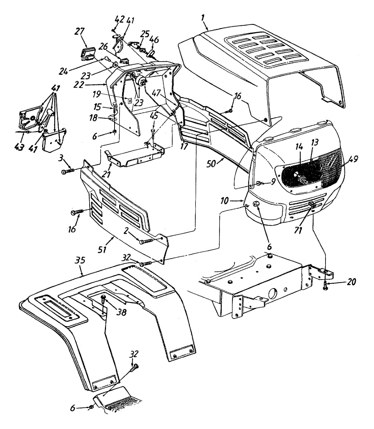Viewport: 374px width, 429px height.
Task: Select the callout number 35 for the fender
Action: point(81,260)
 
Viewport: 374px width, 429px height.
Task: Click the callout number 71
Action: point(298,231)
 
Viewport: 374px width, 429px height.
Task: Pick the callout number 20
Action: point(351,282)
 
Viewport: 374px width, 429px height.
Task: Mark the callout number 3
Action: point(61,158)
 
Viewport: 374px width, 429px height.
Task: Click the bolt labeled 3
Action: point(68,171)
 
